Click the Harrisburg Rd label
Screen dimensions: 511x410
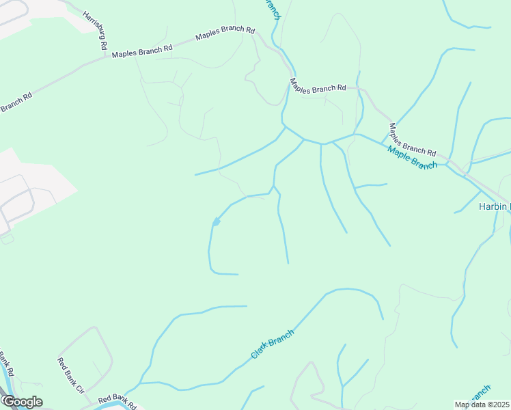(94, 29)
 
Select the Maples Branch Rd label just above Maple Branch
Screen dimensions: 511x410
(412, 139)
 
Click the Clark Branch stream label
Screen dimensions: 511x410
(272, 344)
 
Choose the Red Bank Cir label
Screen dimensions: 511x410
(70, 376)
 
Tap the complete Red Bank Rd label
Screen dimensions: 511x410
(118, 398)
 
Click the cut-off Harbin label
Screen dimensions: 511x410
(493, 207)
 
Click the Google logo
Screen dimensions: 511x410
(22, 402)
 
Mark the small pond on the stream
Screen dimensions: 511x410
(216, 221)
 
